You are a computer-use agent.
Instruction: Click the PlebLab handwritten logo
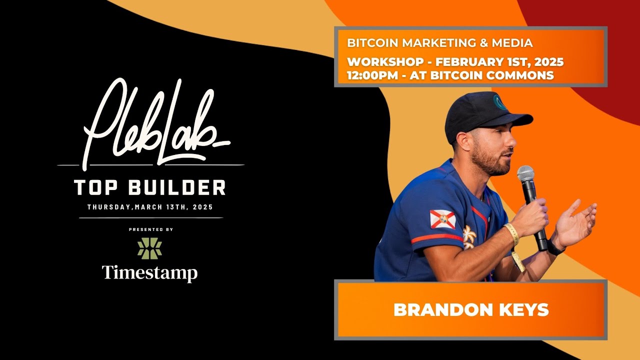(x=150, y=125)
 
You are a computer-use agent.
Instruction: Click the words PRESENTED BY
(x=150, y=229)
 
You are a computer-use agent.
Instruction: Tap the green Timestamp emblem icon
(x=149, y=248)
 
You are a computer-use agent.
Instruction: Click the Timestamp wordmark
(x=149, y=273)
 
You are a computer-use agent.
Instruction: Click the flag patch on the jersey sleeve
(x=442, y=219)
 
